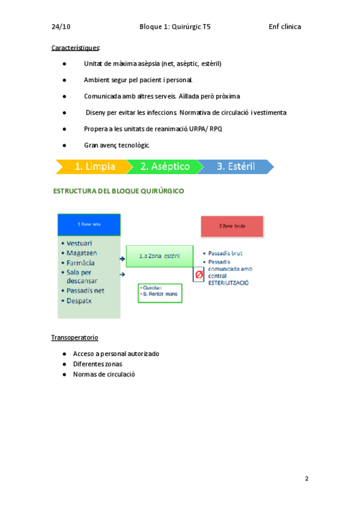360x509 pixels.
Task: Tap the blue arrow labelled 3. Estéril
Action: pyautogui.click(x=235, y=166)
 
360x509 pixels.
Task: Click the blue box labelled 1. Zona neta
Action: pyautogui.click(x=89, y=224)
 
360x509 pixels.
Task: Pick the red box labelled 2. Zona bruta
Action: pyautogui.click(x=232, y=226)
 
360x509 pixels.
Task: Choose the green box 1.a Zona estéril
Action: pyautogui.click(x=159, y=256)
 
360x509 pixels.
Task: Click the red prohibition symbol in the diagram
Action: pyautogui.click(x=199, y=274)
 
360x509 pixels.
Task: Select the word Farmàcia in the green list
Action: pyautogui.click(x=81, y=262)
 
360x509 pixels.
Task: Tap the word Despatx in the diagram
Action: pyautogui.click(x=80, y=300)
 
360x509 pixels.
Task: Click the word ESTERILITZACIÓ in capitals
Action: pyautogui.click(x=228, y=283)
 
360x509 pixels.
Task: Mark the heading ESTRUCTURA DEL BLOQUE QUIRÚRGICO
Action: pyautogui.click(x=119, y=191)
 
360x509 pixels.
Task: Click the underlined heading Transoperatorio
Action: pyautogui.click(x=75, y=338)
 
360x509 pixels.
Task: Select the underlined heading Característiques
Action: pyautogui.click(x=76, y=47)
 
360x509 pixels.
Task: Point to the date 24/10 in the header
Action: pyautogui.click(x=61, y=26)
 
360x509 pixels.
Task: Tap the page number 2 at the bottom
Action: pyautogui.click(x=307, y=478)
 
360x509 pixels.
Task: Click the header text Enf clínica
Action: pyautogui.click(x=284, y=26)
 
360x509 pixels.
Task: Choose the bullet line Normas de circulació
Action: pyautogui.click(x=104, y=374)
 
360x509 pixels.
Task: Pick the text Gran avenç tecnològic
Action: pyautogui.click(x=117, y=145)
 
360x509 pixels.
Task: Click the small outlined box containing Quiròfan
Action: pyautogui.click(x=160, y=292)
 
